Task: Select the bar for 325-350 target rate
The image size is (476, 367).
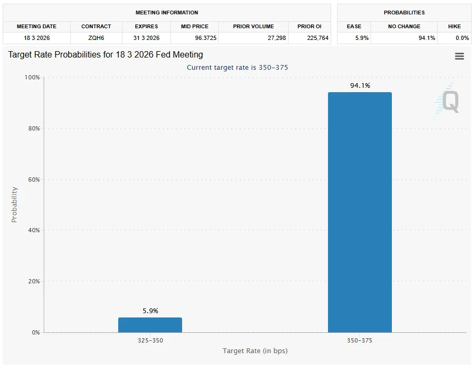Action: pos(150,325)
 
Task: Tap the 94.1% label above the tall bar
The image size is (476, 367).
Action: pos(360,86)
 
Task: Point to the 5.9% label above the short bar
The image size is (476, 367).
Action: pos(150,311)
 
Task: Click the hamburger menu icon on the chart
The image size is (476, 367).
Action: pos(459,56)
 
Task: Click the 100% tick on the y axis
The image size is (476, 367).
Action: pos(32,78)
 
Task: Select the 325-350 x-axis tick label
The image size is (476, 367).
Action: pos(150,340)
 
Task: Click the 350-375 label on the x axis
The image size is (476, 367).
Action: pos(359,340)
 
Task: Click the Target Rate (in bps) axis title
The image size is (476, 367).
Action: pos(255,350)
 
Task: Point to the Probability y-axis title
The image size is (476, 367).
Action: pos(14,205)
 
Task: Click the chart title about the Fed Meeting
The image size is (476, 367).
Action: pos(105,55)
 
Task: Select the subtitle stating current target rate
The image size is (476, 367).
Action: pos(237,68)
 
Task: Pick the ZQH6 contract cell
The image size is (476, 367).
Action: pos(96,38)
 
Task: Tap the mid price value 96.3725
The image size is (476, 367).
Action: pos(195,38)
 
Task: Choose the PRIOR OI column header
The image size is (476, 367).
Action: pos(309,26)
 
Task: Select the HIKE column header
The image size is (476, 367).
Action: pos(454,26)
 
